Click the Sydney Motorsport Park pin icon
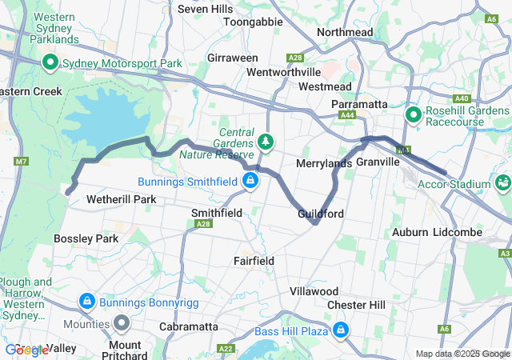click(49, 62)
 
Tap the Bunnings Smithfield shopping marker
click(251, 180)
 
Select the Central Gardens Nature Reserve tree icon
click(266, 142)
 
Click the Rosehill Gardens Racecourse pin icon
click(414, 116)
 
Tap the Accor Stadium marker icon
click(503, 182)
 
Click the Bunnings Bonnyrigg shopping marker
click(86, 301)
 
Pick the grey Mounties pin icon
click(122, 323)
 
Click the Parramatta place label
click(359, 104)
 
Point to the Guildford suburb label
click(320, 214)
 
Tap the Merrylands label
click(324, 163)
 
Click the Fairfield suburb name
click(254, 261)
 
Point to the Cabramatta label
click(189, 326)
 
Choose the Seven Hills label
click(204, 9)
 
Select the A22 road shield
click(225, 349)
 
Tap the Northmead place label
click(344, 32)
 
